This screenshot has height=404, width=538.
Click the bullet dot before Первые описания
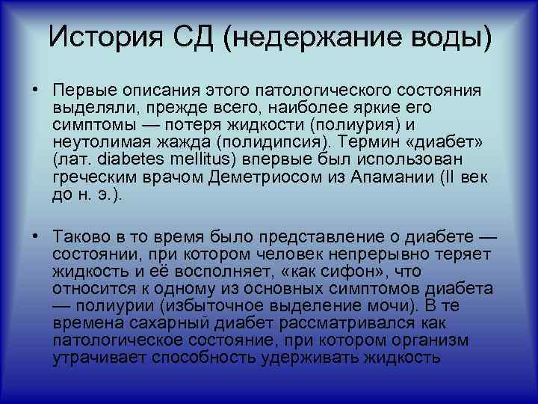point(35,91)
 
